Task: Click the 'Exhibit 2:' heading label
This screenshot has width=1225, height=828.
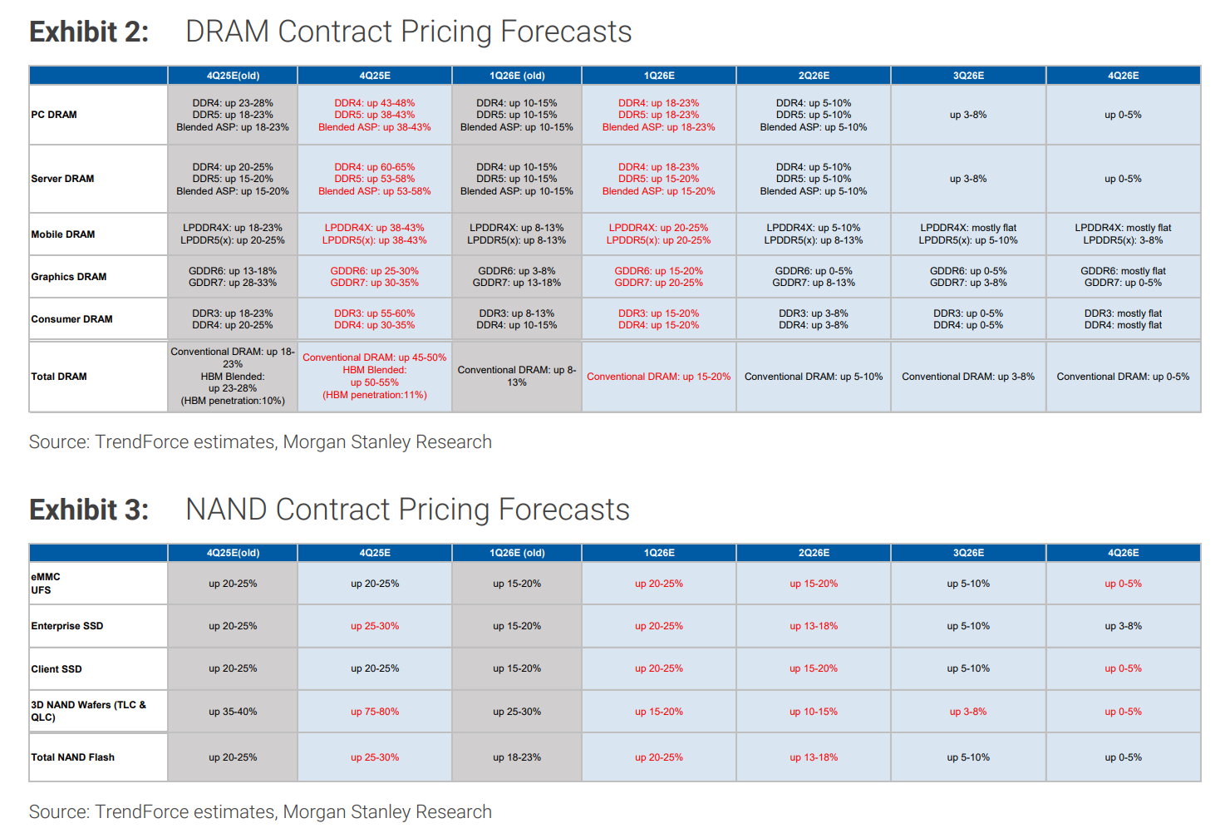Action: click(x=89, y=32)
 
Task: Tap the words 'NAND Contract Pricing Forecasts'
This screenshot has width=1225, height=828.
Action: click(x=407, y=510)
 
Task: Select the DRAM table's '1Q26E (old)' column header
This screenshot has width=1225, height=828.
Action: click(x=517, y=76)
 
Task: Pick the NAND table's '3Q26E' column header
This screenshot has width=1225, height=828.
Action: click(x=968, y=553)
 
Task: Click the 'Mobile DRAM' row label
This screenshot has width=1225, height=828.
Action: click(x=63, y=234)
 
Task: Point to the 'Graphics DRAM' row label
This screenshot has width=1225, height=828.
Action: click(x=69, y=277)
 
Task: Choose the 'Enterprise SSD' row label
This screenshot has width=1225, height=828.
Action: click(x=67, y=626)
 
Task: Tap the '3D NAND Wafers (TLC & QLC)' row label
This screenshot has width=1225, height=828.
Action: click(x=88, y=711)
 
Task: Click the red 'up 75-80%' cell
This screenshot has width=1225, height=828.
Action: click(x=375, y=712)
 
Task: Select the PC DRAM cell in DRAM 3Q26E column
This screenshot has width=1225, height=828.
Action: click(x=968, y=115)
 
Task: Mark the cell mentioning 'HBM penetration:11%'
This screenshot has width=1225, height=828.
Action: click(x=375, y=377)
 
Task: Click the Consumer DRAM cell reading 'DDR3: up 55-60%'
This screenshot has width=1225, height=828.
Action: click(x=375, y=319)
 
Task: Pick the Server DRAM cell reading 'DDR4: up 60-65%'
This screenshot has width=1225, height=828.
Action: click(x=375, y=179)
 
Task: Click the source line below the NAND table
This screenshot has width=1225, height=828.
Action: click(x=260, y=811)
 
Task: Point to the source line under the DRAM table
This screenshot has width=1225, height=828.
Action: click(x=260, y=441)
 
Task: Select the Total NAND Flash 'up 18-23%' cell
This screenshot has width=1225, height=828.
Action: click(x=517, y=757)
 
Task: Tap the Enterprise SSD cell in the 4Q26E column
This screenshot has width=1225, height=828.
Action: click(x=1123, y=626)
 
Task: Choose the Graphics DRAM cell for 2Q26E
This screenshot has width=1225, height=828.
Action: click(x=814, y=277)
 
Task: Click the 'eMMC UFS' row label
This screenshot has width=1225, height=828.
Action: click(x=46, y=584)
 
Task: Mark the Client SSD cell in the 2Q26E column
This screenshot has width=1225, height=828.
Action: click(x=814, y=668)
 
